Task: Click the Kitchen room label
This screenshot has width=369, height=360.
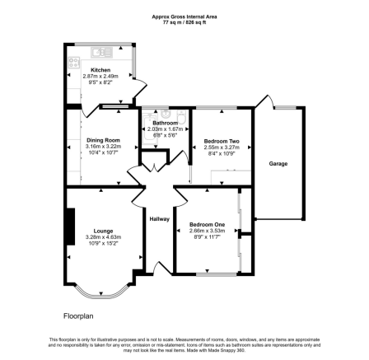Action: [100, 70]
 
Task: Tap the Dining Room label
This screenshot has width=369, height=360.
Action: [103, 140]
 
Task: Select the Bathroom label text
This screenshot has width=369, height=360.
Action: [165, 123]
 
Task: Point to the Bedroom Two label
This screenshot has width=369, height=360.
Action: [220, 141]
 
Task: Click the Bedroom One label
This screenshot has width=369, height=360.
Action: [207, 224]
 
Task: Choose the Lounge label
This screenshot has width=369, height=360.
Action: [103, 230]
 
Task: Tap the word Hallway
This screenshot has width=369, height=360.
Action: [159, 218]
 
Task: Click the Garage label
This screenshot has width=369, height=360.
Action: [278, 163]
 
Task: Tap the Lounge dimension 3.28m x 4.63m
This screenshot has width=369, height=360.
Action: [103, 237]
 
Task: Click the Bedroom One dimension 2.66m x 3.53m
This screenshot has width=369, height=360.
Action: [207, 231]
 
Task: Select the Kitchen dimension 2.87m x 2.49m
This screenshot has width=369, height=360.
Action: [100, 77]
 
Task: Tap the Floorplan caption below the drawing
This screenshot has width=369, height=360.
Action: [80, 316]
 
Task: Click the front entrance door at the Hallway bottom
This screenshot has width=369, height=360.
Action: [154, 268]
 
